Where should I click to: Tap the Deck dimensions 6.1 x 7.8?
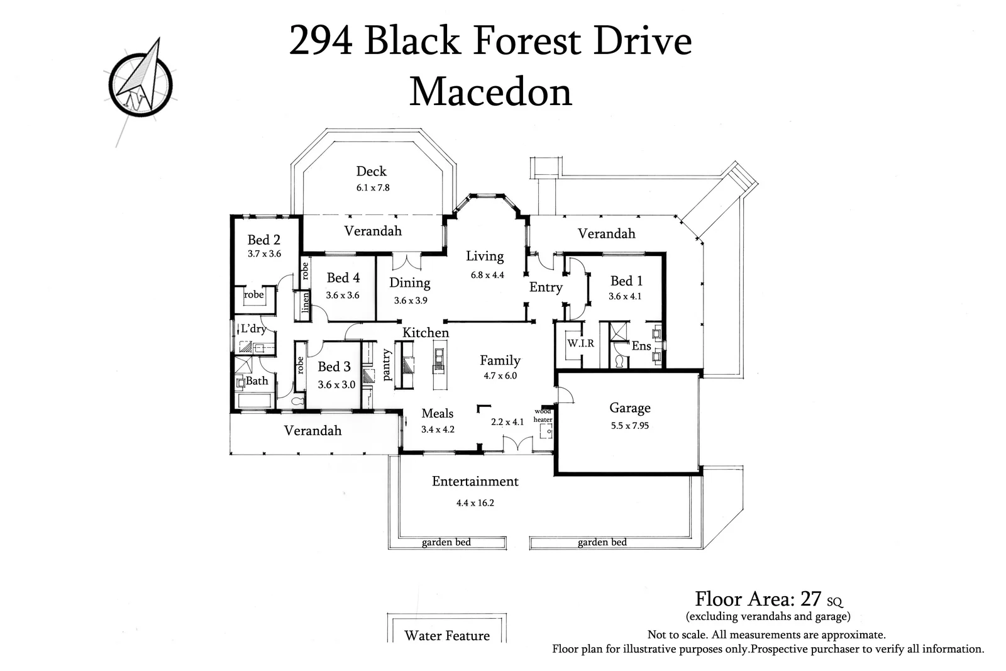(372, 187)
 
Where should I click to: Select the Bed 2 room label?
(263, 240)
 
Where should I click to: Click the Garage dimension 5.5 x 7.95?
(629, 426)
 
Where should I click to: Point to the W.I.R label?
(580, 343)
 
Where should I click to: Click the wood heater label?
(543, 416)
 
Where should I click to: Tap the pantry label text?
(387, 365)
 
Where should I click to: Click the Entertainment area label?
(475, 481)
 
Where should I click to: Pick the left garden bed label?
(446, 542)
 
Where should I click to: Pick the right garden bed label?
(602, 542)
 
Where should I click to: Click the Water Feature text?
(446, 635)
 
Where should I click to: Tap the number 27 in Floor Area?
(810, 598)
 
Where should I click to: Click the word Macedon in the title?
(490, 92)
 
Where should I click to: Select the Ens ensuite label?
(641, 346)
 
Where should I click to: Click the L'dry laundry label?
(253, 329)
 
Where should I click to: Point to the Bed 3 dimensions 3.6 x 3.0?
(336, 384)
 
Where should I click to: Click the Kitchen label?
(426, 333)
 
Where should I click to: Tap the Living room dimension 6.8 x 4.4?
(487, 275)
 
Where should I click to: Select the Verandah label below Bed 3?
(312, 431)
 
